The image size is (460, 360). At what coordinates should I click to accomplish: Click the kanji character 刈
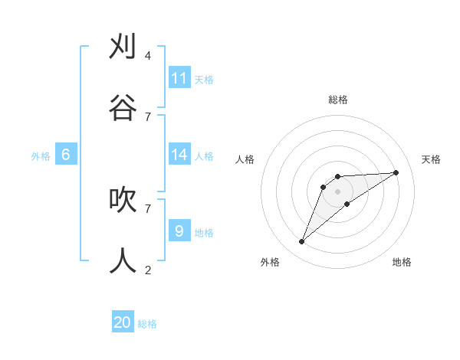click(123, 47)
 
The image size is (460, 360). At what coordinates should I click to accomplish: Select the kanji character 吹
click(123, 200)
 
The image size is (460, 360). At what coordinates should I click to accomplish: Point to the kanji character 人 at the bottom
click(123, 261)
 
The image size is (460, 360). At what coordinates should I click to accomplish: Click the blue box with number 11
click(179, 78)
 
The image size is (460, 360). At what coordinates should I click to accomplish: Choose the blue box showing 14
click(179, 155)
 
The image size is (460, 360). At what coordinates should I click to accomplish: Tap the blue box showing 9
click(179, 231)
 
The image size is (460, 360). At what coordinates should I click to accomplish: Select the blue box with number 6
click(66, 155)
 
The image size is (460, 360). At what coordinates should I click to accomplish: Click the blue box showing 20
click(123, 322)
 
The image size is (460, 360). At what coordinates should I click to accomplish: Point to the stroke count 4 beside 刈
click(148, 56)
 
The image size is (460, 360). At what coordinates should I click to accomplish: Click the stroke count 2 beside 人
click(148, 270)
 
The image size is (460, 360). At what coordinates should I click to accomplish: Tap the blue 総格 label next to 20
click(147, 324)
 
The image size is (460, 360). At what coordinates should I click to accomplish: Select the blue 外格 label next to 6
click(41, 156)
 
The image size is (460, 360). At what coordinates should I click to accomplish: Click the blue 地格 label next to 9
click(204, 232)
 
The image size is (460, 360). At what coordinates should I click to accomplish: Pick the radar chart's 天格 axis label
click(432, 159)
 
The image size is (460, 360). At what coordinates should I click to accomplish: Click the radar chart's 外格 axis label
click(270, 262)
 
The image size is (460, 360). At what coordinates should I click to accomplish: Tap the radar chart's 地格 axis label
click(402, 262)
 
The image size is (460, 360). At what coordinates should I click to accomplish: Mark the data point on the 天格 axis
click(396, 172)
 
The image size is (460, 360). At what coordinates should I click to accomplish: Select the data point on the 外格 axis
click(302, 242)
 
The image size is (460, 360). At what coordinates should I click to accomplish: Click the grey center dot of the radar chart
click(337, 191)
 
